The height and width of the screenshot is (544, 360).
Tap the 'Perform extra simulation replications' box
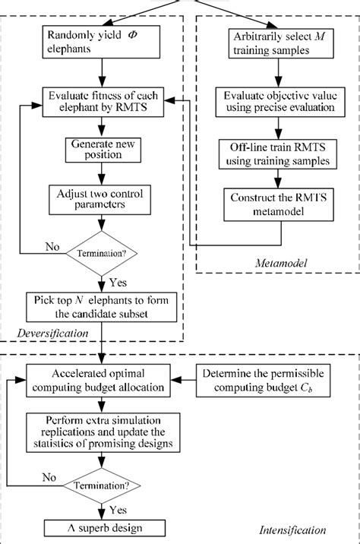point(101,430)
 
